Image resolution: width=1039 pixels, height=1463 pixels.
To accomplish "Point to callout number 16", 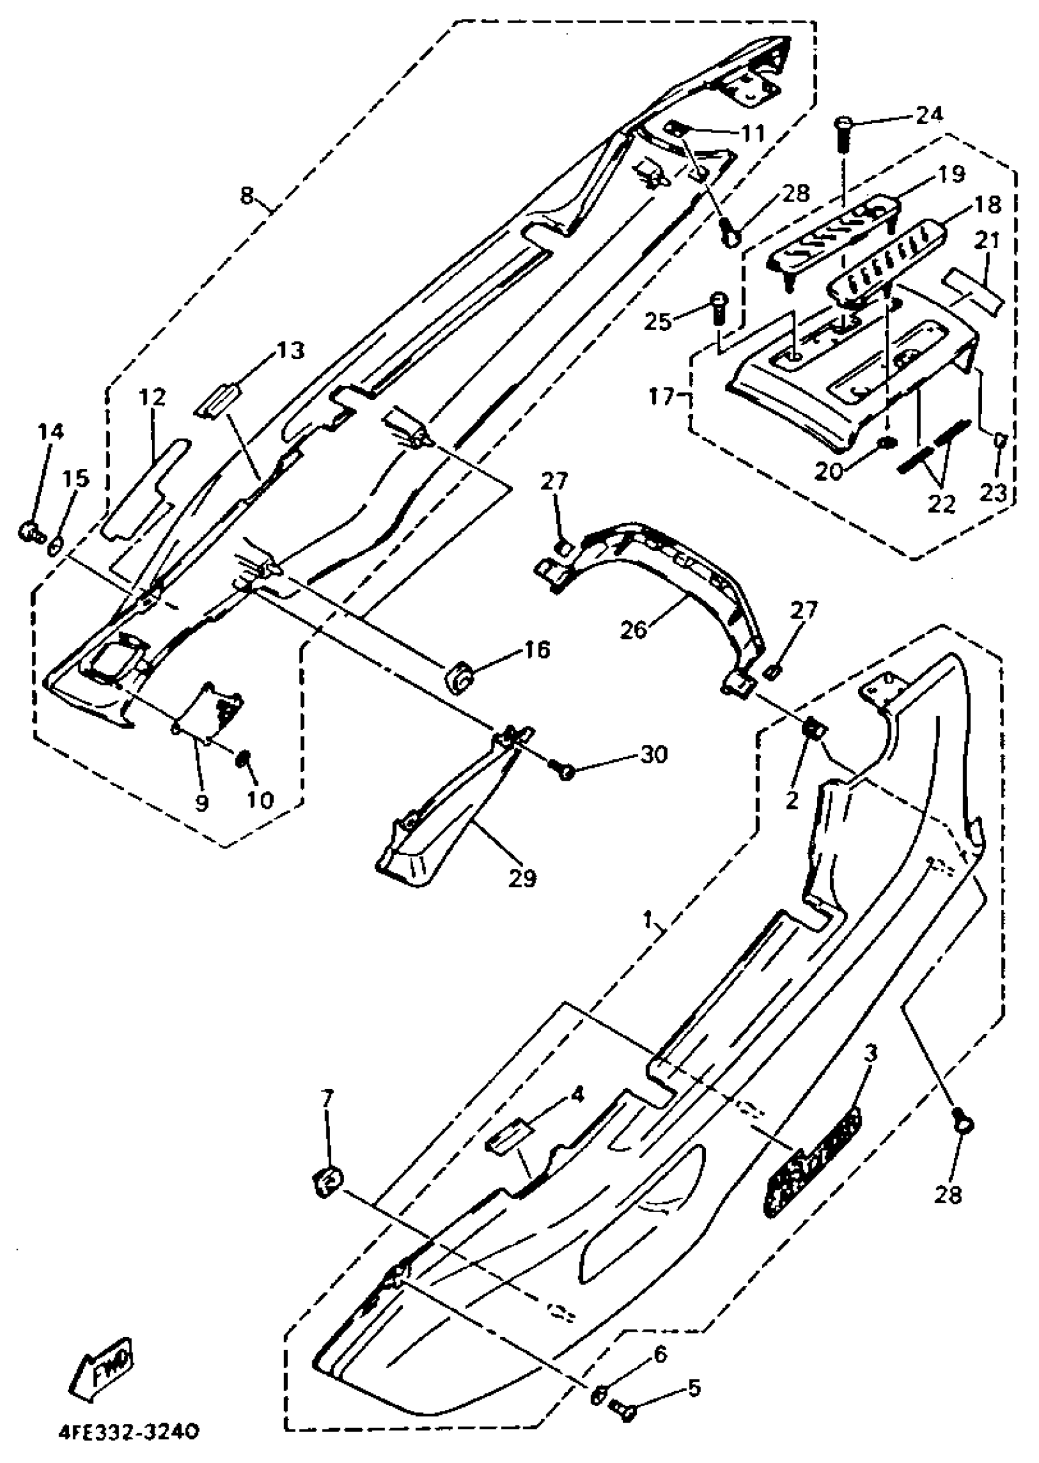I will pos(537,651).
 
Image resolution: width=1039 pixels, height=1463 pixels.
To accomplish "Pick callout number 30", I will pos(653,755).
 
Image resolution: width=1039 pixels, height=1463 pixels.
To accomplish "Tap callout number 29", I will pos(523,878).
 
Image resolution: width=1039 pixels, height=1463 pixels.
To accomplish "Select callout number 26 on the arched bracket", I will pos(634,629).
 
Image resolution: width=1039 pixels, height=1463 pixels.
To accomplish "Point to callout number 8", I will pos(247,194).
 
